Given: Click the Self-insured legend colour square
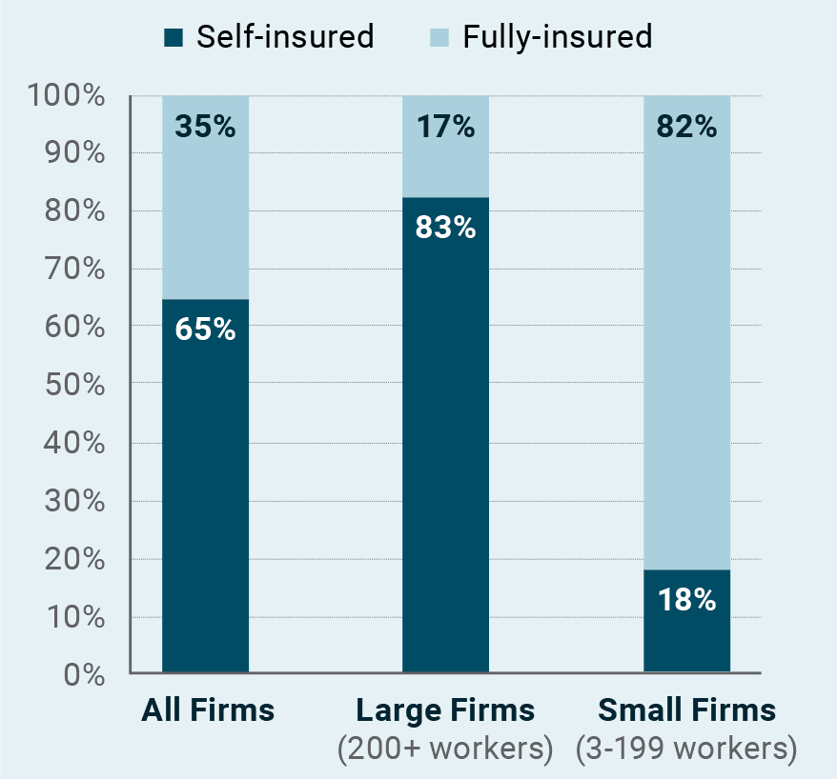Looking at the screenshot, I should pos(174,38).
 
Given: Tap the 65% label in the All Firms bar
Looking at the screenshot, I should pos(206,330).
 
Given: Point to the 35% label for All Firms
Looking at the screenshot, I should pos(206,126).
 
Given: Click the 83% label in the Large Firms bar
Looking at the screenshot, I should pos(446,228).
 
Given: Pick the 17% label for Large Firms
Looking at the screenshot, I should pos(446,126).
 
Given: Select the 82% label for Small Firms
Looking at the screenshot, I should pos(687,126).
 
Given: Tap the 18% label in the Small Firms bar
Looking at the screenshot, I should pos(687,600).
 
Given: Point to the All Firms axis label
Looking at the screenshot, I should pos(208,710).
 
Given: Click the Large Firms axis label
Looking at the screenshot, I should pos(445,710).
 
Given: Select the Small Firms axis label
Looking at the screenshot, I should pos(686,710).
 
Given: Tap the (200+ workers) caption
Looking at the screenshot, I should pos(445,749).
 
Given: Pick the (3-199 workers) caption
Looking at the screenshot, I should pos(686,749).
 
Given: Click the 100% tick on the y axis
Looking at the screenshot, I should pos(66,95).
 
